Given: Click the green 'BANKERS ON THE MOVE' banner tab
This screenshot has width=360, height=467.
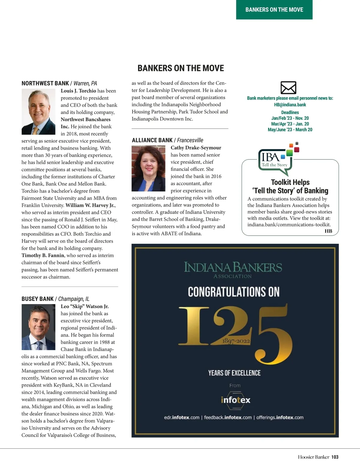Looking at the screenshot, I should (x=274, y=10).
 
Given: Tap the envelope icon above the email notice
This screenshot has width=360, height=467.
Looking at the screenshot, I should (x=288, y=88).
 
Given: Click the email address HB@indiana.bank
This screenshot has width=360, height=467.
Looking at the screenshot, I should (x=290, y=105).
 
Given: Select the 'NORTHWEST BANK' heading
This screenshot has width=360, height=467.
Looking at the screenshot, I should (x=45, y=83).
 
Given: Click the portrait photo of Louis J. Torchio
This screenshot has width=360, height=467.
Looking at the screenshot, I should (x=38, y=112).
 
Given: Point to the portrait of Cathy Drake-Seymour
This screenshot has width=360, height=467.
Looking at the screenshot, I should (x=148, y=168).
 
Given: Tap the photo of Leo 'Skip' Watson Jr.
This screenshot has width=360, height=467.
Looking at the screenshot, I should (x=38, y=327).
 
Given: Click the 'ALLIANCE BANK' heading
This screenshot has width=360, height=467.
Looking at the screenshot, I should (x=152, y=140).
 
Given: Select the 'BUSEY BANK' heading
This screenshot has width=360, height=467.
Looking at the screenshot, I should (x=37, y=299).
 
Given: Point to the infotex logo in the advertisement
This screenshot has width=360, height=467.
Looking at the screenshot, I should (x=235, y=400).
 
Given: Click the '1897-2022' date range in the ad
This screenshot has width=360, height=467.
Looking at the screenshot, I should (x=236, y=341).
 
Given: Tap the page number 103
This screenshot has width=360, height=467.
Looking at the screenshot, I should (x=335, y=457).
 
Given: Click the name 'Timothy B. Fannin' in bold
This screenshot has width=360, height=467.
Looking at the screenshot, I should (x=43, y=255).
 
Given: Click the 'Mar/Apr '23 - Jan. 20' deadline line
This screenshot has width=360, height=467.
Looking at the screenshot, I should (x=290, y=124).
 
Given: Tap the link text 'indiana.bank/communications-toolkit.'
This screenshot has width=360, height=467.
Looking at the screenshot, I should (x=289, y=225).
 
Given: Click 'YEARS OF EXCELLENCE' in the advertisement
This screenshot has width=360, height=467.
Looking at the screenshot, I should (x=235, y=373).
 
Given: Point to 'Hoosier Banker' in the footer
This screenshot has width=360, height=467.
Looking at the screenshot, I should (x=313, y=457).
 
